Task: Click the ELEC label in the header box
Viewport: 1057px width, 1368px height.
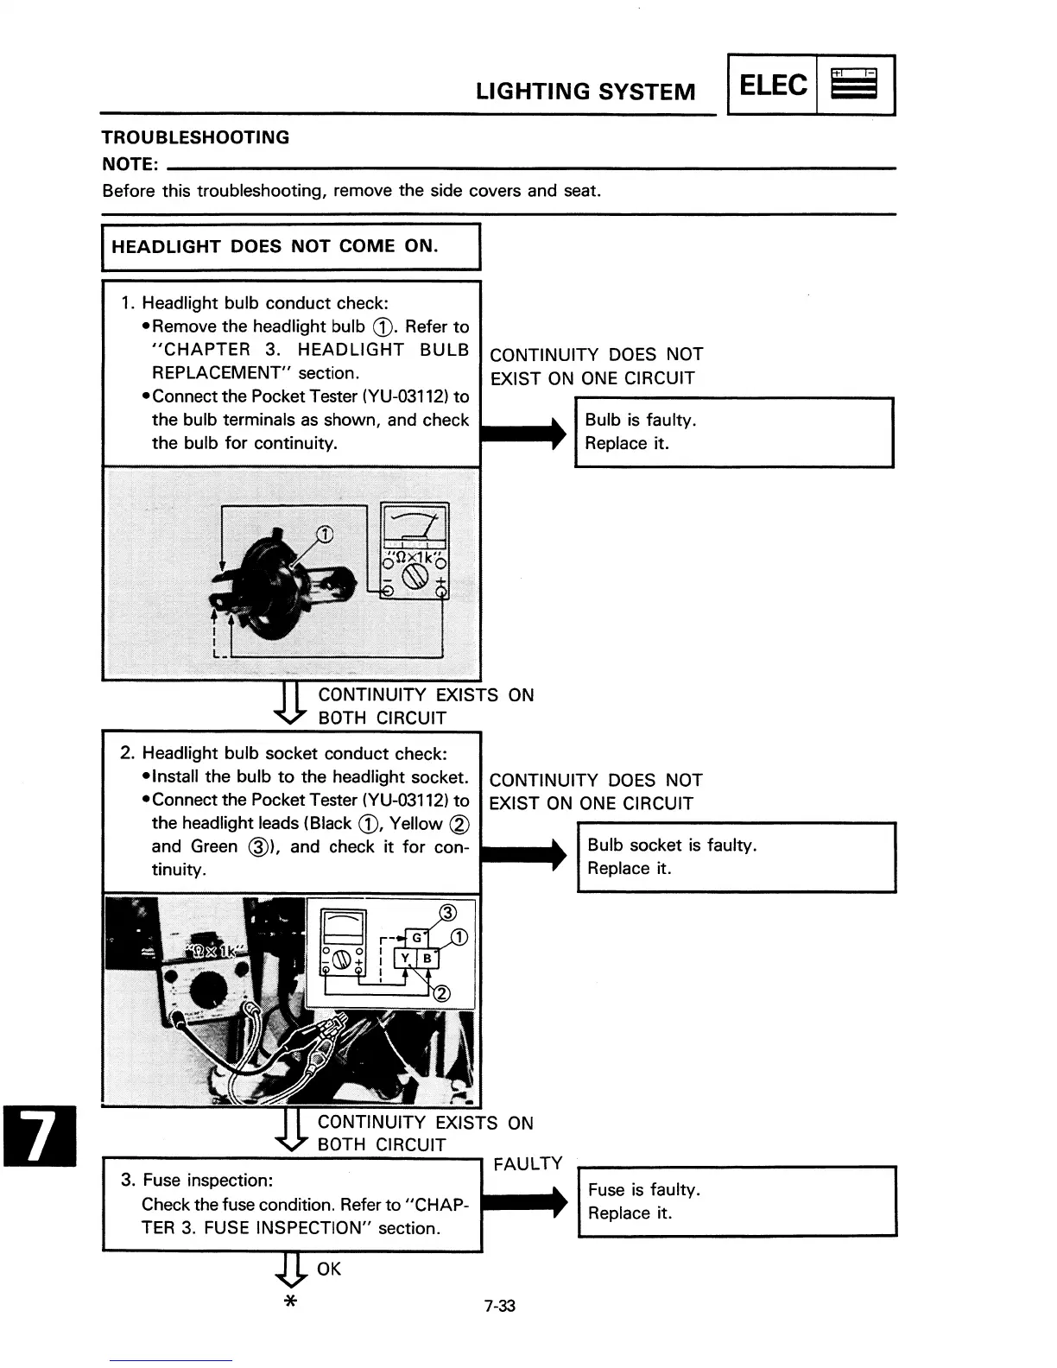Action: coord(774,85)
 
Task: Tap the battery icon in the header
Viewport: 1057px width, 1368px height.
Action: coord(853,85)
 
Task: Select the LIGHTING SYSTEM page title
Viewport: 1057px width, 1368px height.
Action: coord(585,92)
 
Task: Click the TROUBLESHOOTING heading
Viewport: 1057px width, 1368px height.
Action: coord(196,137)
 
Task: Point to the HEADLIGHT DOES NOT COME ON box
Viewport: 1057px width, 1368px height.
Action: coord(291,247)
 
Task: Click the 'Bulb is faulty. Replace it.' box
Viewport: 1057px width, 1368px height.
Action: coord(733,432)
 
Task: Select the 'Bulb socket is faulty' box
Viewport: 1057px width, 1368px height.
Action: coord(736,857)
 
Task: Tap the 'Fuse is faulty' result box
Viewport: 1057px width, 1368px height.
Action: coord(737,1201)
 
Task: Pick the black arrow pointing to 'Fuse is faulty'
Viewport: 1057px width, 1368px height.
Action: coord(523,1201)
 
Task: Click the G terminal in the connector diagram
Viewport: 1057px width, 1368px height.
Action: coord(416,937)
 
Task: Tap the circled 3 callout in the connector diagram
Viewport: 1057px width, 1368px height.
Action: coord(447,913)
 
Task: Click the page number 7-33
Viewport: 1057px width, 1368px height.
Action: coord(499,1306)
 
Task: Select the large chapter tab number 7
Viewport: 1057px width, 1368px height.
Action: coord(40,1136)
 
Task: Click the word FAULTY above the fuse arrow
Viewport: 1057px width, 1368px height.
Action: coord(528,1163)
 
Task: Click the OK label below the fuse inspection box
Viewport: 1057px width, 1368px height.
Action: coord(329,1269)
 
